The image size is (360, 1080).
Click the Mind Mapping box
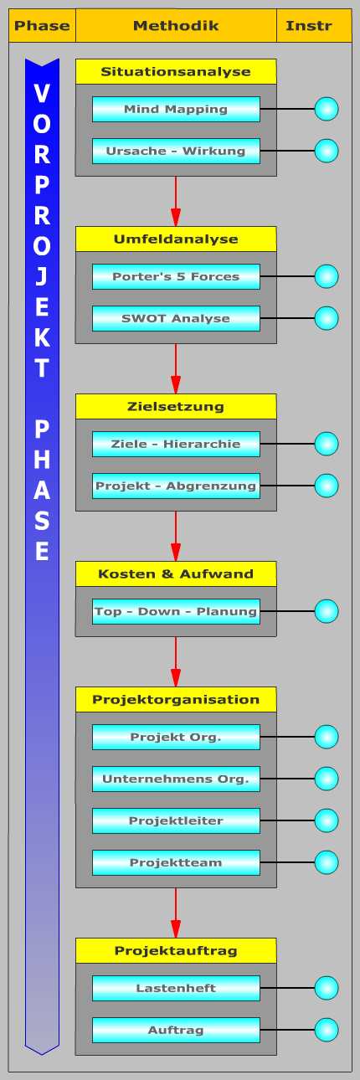pos(176,109)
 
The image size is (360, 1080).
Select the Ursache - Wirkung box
pos(176,151)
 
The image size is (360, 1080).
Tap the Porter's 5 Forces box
pos(176,276)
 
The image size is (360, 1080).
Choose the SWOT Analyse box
pos(176,318)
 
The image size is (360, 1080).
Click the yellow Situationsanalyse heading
pos(176,72)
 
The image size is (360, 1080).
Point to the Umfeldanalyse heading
pos(176,239)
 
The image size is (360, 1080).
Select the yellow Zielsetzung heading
pos(176,406)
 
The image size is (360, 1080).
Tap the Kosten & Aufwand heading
pos(176,573)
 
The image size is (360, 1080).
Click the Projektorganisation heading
pos(176,700)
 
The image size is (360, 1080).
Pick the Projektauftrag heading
pos(176,951)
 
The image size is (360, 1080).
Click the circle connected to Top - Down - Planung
pos(327,611)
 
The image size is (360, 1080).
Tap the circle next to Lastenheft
pos(327,988)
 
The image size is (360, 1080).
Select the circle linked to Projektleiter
pos(327,820)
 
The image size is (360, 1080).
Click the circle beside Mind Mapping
pos(327,109)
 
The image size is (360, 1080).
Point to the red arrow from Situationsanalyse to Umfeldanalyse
pos(176,201)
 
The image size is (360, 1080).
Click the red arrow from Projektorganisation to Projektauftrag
pos(176,913)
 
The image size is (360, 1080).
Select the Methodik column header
pos(176,26)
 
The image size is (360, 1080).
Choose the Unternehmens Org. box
pos(176,779)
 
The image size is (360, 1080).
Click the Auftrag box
pos(176,1030)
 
